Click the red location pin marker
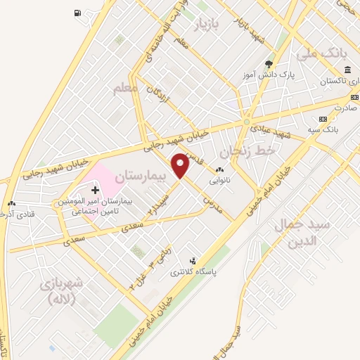point(181,165)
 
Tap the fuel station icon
point(76,13)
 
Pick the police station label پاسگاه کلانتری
point(215,271)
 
